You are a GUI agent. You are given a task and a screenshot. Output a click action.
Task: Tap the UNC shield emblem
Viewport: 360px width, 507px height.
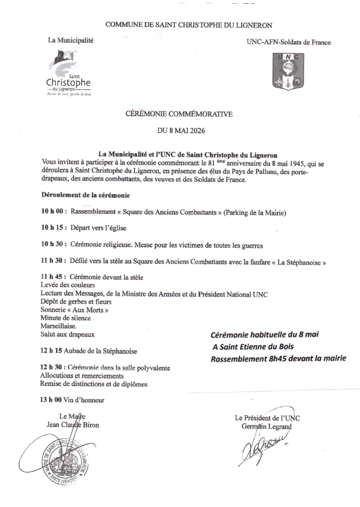click(x=289, y=70)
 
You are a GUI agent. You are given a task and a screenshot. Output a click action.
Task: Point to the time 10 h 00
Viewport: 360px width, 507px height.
click(x=52, y=213)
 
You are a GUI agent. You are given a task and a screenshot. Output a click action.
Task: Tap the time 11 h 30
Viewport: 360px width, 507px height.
click(x=52, y=261)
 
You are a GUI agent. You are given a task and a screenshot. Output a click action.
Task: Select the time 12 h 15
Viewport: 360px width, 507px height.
click(x=52, y=351)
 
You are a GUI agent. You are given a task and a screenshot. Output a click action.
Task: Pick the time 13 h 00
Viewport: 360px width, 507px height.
click(x=52, y=400)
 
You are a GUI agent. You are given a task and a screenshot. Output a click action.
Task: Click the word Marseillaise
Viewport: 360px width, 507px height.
click(x=59, y=327)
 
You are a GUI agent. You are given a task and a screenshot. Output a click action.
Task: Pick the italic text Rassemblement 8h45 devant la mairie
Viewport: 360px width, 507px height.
click(x=278, y=358)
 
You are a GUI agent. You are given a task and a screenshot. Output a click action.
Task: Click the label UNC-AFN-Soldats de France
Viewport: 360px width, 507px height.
click(x=288, y=42)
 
